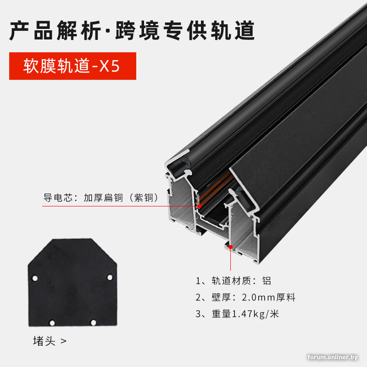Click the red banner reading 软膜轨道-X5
click(72, 66)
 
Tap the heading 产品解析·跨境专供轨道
click(132, 30)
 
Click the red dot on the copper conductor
click(199, 206)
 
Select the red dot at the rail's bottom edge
click(231, 247)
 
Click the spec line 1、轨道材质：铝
click(234, 281)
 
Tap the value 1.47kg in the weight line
click(248, 314)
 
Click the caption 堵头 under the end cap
click(44, 341)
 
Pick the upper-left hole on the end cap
click(35, 278)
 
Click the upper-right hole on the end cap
click(110, 278)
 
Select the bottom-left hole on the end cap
click(52, 323)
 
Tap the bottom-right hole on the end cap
click(93, 323)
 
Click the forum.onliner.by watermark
click(333, 357)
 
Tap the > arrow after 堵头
click(63, 341)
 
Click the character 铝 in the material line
click(267, 281)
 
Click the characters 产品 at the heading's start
click(31, 30)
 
